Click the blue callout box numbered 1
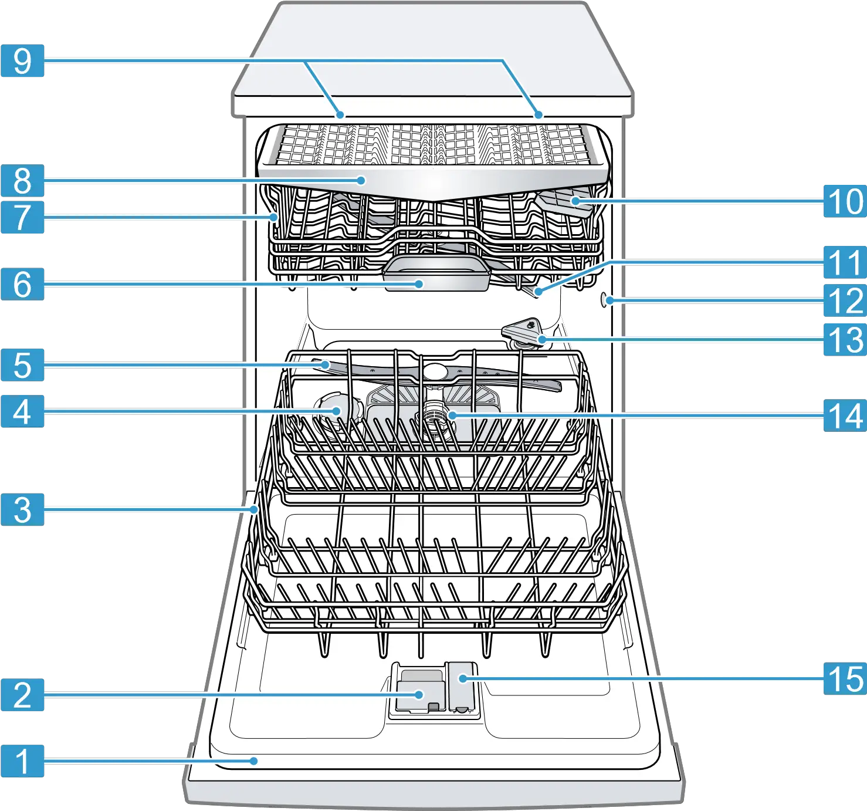[22, 762]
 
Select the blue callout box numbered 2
[22, 695]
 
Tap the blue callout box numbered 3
[22, 509]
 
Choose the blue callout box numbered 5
[22, 365]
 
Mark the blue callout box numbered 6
[22, 284]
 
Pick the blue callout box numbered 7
[22, 217]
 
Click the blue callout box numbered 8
[22, 180]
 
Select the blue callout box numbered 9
[22, 61]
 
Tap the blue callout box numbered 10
[845, 201]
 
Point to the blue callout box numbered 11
[845, 262]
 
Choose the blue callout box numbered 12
[845, 301]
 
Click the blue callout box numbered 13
[845, 339]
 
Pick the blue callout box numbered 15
[845, 679]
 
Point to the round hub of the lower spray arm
[434, 371]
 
